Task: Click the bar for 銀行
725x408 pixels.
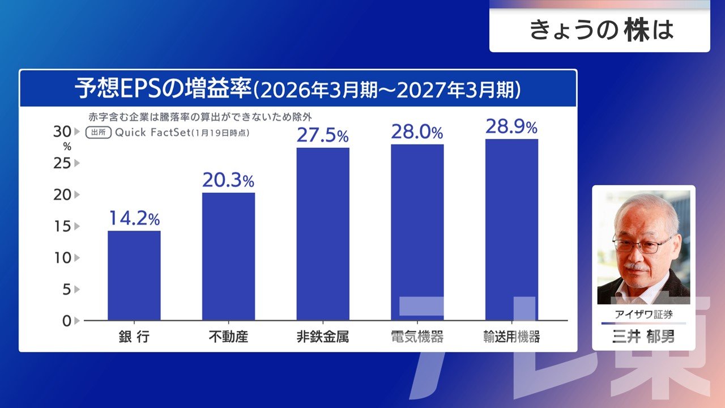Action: click(134, 275)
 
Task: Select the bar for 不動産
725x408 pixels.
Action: click(228, 256)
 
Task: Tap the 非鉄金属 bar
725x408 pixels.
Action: click(323, 233)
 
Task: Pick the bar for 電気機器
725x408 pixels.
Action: click(417, 232)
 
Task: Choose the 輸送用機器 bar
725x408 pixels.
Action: click(511, 229)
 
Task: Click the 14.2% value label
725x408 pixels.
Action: click(134, 218)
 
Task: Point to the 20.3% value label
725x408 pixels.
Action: click(228, 180)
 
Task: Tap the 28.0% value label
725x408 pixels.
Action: click(417, 132)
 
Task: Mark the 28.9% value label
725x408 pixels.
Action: click(511, 126)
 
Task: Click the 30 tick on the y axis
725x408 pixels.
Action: click(61, 131)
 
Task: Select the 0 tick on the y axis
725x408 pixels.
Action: click(66, 321)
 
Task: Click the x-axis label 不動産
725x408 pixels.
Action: click(228, 337)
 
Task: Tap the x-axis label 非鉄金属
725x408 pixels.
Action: click(323, 337)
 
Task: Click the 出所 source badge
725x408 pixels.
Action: click(98, 133)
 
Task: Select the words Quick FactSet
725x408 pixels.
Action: click(151, 133)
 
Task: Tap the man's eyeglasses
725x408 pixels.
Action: click(643, 244)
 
